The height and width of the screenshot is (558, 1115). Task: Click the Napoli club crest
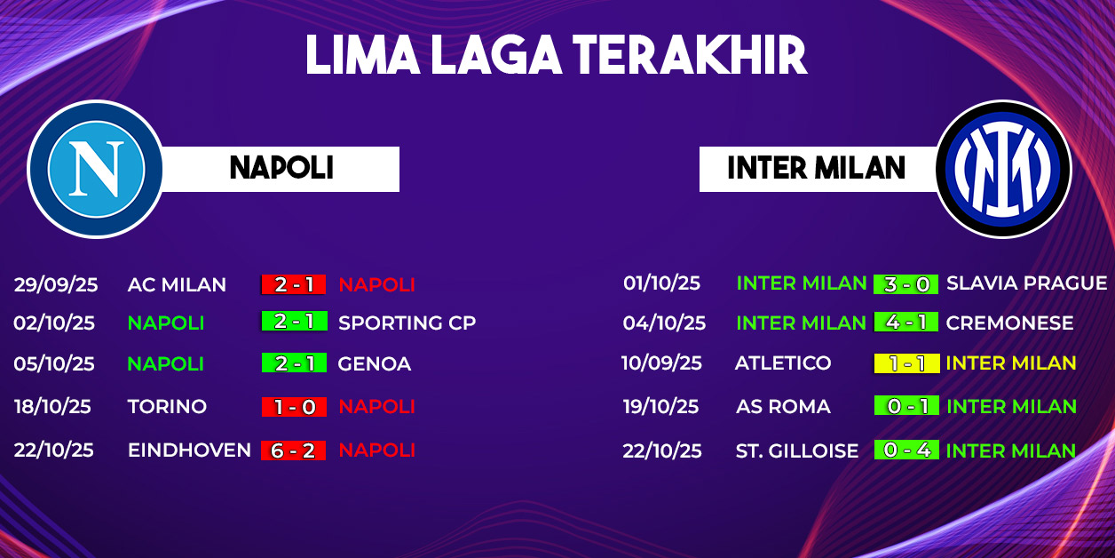click(96, 169)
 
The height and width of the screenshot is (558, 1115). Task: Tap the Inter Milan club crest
click(1003, 169)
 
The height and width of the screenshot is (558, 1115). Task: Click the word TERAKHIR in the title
click(690, 55)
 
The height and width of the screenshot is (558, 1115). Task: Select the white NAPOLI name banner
click(281, 169)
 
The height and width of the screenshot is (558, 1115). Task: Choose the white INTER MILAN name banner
click(818, 169)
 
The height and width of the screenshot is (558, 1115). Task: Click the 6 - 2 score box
click(294, 450)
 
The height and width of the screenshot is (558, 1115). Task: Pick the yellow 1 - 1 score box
click(907, 363)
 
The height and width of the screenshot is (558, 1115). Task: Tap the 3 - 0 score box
click(905, 284)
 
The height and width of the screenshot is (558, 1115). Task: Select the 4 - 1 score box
click(906, 322)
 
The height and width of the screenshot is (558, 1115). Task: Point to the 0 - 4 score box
click(907, 450)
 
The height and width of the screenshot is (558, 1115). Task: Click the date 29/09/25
click(56, 284)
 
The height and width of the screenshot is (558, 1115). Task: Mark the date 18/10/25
click(52, 407)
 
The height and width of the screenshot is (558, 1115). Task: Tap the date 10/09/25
click(661, 363)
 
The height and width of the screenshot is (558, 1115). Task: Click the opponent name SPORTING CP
click(407, 323)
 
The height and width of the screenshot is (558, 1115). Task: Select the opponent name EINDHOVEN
click(190, 450)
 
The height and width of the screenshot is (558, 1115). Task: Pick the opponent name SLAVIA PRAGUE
click(1026, 283)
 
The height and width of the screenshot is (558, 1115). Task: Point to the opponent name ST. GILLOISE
click(797, 450)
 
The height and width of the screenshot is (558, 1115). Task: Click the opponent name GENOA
click(375, 363)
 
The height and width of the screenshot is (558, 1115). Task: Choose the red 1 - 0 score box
click(294, 407)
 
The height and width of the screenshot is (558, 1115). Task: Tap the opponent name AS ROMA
click(783, 407)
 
